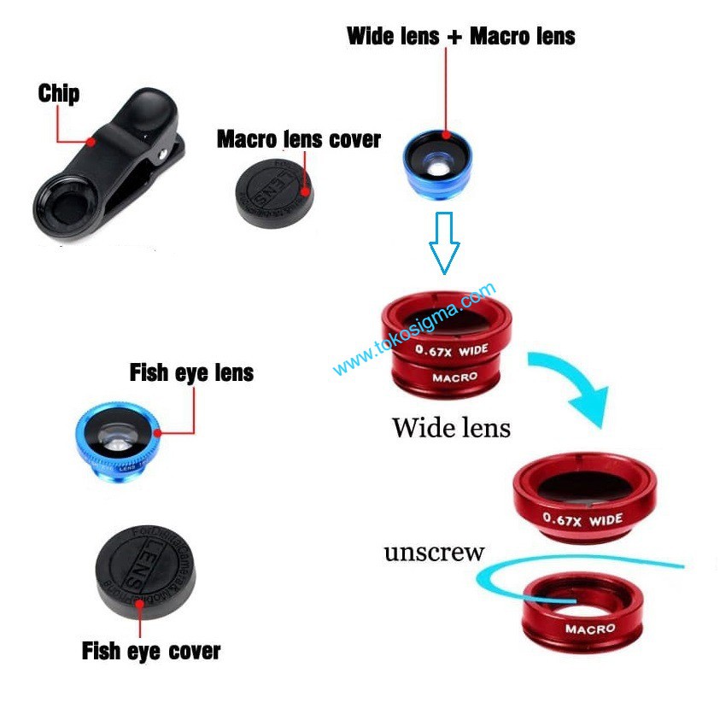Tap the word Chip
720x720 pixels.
[x=58, y=93]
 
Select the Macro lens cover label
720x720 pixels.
[x=298, y=139]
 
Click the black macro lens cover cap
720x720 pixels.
[x=274, y=191]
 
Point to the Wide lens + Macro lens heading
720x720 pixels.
[x=460, y=37]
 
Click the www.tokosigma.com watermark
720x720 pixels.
[x=413, y=330]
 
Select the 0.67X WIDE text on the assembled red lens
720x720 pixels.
[x=451, y=349]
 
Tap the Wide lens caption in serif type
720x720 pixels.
[x=451, y=427]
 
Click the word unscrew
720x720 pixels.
[x=434, y=553]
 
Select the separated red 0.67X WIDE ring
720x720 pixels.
[x=584, y=500]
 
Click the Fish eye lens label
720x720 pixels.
[x=191, y=373]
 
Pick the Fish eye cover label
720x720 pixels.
[x=150, y=651]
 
